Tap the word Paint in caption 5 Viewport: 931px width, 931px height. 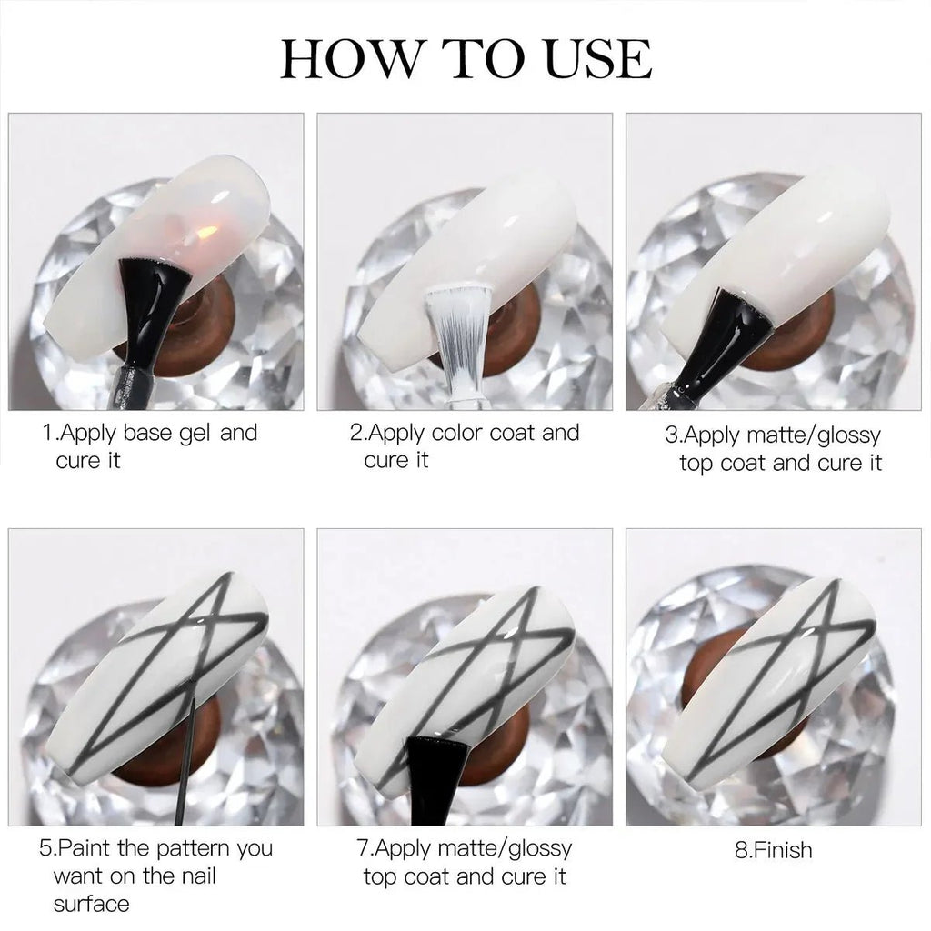[x=85, y=849]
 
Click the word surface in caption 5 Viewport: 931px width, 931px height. [x=91, y=904]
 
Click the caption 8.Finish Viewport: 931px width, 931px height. [x=773, y=851]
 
